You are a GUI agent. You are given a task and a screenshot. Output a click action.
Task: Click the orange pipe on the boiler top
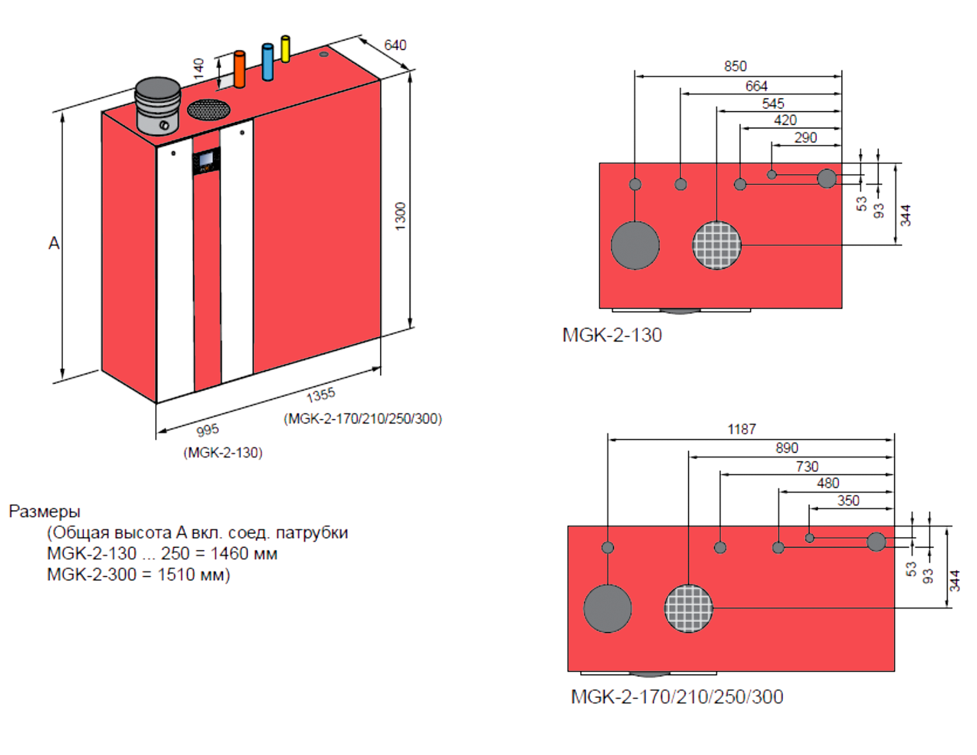[x=239, y=69]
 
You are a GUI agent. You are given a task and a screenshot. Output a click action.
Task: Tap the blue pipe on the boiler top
[x=267, y=62]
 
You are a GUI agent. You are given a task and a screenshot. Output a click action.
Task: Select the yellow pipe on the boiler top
[x=285, y=49]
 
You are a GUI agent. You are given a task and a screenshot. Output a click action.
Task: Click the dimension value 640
[x=395, y=45]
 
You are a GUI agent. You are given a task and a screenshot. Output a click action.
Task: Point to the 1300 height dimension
[x=401, y=216]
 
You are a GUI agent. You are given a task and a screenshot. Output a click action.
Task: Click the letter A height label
[x=54, y=244]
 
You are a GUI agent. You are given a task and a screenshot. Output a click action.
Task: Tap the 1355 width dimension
[x=321, y=395]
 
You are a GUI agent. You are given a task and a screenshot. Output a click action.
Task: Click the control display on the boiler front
[x=206, y=160]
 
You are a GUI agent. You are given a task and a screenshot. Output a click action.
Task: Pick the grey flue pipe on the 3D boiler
[x=158, y=104]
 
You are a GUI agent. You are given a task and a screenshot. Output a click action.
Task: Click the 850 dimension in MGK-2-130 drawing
[x=735, y=66]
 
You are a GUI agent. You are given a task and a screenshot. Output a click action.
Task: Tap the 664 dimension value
[x=756, y=86]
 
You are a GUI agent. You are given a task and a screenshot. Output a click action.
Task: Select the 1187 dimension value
[x=742, y=429]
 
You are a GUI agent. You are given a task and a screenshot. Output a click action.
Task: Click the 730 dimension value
[x=807, y=467]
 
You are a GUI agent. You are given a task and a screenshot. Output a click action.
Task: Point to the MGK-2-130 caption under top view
[x=612, y=335]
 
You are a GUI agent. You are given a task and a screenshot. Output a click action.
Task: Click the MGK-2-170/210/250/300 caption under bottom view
[x=677, y=697]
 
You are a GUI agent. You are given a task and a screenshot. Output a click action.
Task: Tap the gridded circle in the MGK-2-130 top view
[x=717, y=245]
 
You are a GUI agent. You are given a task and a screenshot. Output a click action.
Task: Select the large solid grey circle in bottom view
[x=608, y=608]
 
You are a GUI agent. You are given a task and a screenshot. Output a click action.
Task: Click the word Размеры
[x=45, y=511]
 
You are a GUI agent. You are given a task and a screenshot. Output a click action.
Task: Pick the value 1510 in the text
[x=176, y=574]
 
